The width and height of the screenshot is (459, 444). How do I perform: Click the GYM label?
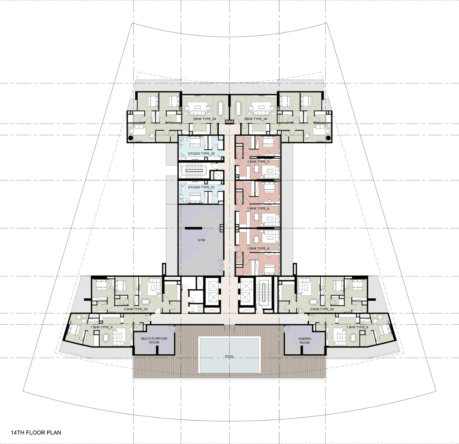201,240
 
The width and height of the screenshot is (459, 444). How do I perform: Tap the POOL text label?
229,356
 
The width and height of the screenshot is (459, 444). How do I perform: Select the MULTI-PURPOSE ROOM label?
154,340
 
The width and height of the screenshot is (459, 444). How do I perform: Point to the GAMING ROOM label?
304,340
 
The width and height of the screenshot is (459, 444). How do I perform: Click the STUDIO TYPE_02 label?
201,154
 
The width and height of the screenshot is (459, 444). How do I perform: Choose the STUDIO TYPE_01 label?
201,187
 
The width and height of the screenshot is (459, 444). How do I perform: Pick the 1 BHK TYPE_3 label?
258,162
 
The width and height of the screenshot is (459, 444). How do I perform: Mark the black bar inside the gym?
193,228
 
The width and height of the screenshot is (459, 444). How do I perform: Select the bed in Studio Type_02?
195,141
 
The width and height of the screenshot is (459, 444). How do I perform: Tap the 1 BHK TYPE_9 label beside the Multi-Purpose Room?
101,327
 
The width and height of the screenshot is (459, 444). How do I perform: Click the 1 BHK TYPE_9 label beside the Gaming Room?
357,327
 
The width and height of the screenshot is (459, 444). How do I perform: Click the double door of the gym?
221,265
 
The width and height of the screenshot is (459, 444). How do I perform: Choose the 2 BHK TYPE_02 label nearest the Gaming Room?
322,309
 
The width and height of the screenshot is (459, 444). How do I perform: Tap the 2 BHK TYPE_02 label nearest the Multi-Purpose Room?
135,309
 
